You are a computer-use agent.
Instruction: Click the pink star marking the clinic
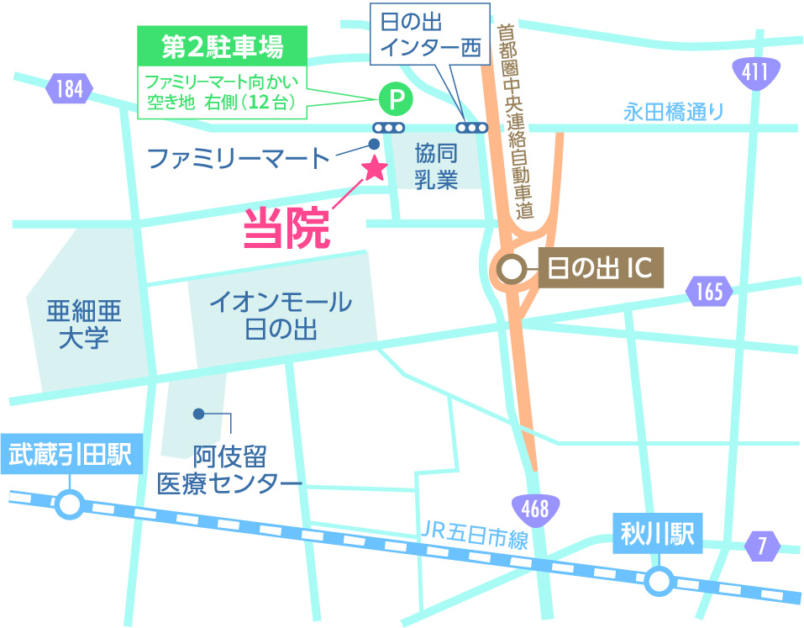[373, 168]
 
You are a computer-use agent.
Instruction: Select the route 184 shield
[70, 87]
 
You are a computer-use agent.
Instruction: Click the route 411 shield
[754, 71]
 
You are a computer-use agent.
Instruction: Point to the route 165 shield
[709, 293]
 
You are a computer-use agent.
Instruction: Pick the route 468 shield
[534, 508]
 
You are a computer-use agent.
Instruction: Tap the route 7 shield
[762, 546]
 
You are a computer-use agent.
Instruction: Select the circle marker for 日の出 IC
[511, 270]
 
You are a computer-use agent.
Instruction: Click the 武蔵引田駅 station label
[71, 455]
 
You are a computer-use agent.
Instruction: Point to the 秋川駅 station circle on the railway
[659, 580]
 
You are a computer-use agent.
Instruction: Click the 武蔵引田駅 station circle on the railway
[71, 504]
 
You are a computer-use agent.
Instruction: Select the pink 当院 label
[286, 228]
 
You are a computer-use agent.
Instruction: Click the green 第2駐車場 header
[221, 47]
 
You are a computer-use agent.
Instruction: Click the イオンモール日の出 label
[281, 314]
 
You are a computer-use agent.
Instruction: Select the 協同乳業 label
[436, 166]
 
